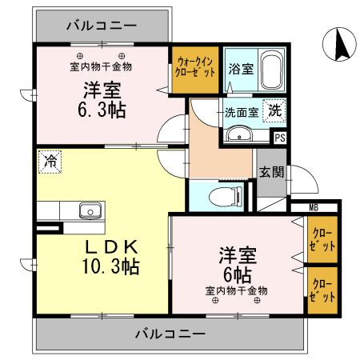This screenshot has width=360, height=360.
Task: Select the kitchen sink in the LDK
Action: coord(89,211)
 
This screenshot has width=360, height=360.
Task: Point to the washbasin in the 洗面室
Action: coord(239,135)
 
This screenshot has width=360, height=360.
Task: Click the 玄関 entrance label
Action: coord(269,172)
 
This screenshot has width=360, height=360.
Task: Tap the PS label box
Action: coord(279,137)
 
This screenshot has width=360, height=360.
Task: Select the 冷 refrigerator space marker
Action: coord(50,162)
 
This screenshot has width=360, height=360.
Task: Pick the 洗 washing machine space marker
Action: coord(274,112)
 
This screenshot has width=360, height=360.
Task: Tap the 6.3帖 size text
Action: coord(101,110)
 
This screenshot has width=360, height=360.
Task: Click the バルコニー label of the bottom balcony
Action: coord(171,331)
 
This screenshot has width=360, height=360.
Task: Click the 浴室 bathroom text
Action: coord(242,69)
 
